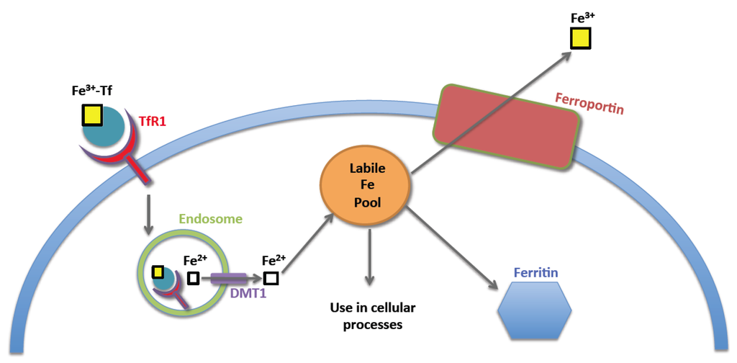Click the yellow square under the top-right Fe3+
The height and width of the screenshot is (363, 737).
coord(581,38)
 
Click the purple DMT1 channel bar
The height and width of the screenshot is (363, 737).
coord(228,278)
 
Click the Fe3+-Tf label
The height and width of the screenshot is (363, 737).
coord(92,91)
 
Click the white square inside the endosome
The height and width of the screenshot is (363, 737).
coord(194,278)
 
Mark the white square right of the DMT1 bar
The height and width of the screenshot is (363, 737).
coord(271,278)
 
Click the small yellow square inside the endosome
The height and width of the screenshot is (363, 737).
coord(158,272)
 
